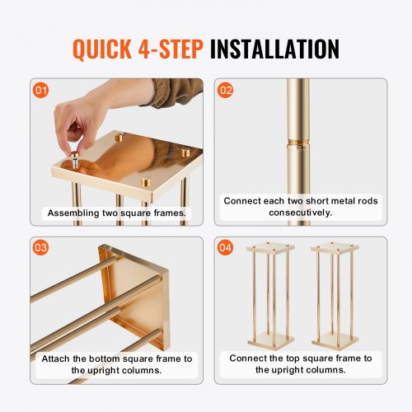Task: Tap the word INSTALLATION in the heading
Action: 274,48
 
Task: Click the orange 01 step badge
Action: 42,89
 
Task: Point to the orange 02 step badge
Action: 226,89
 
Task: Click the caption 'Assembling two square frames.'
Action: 116,213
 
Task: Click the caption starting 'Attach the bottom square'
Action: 116,364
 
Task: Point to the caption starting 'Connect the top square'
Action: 300,364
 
